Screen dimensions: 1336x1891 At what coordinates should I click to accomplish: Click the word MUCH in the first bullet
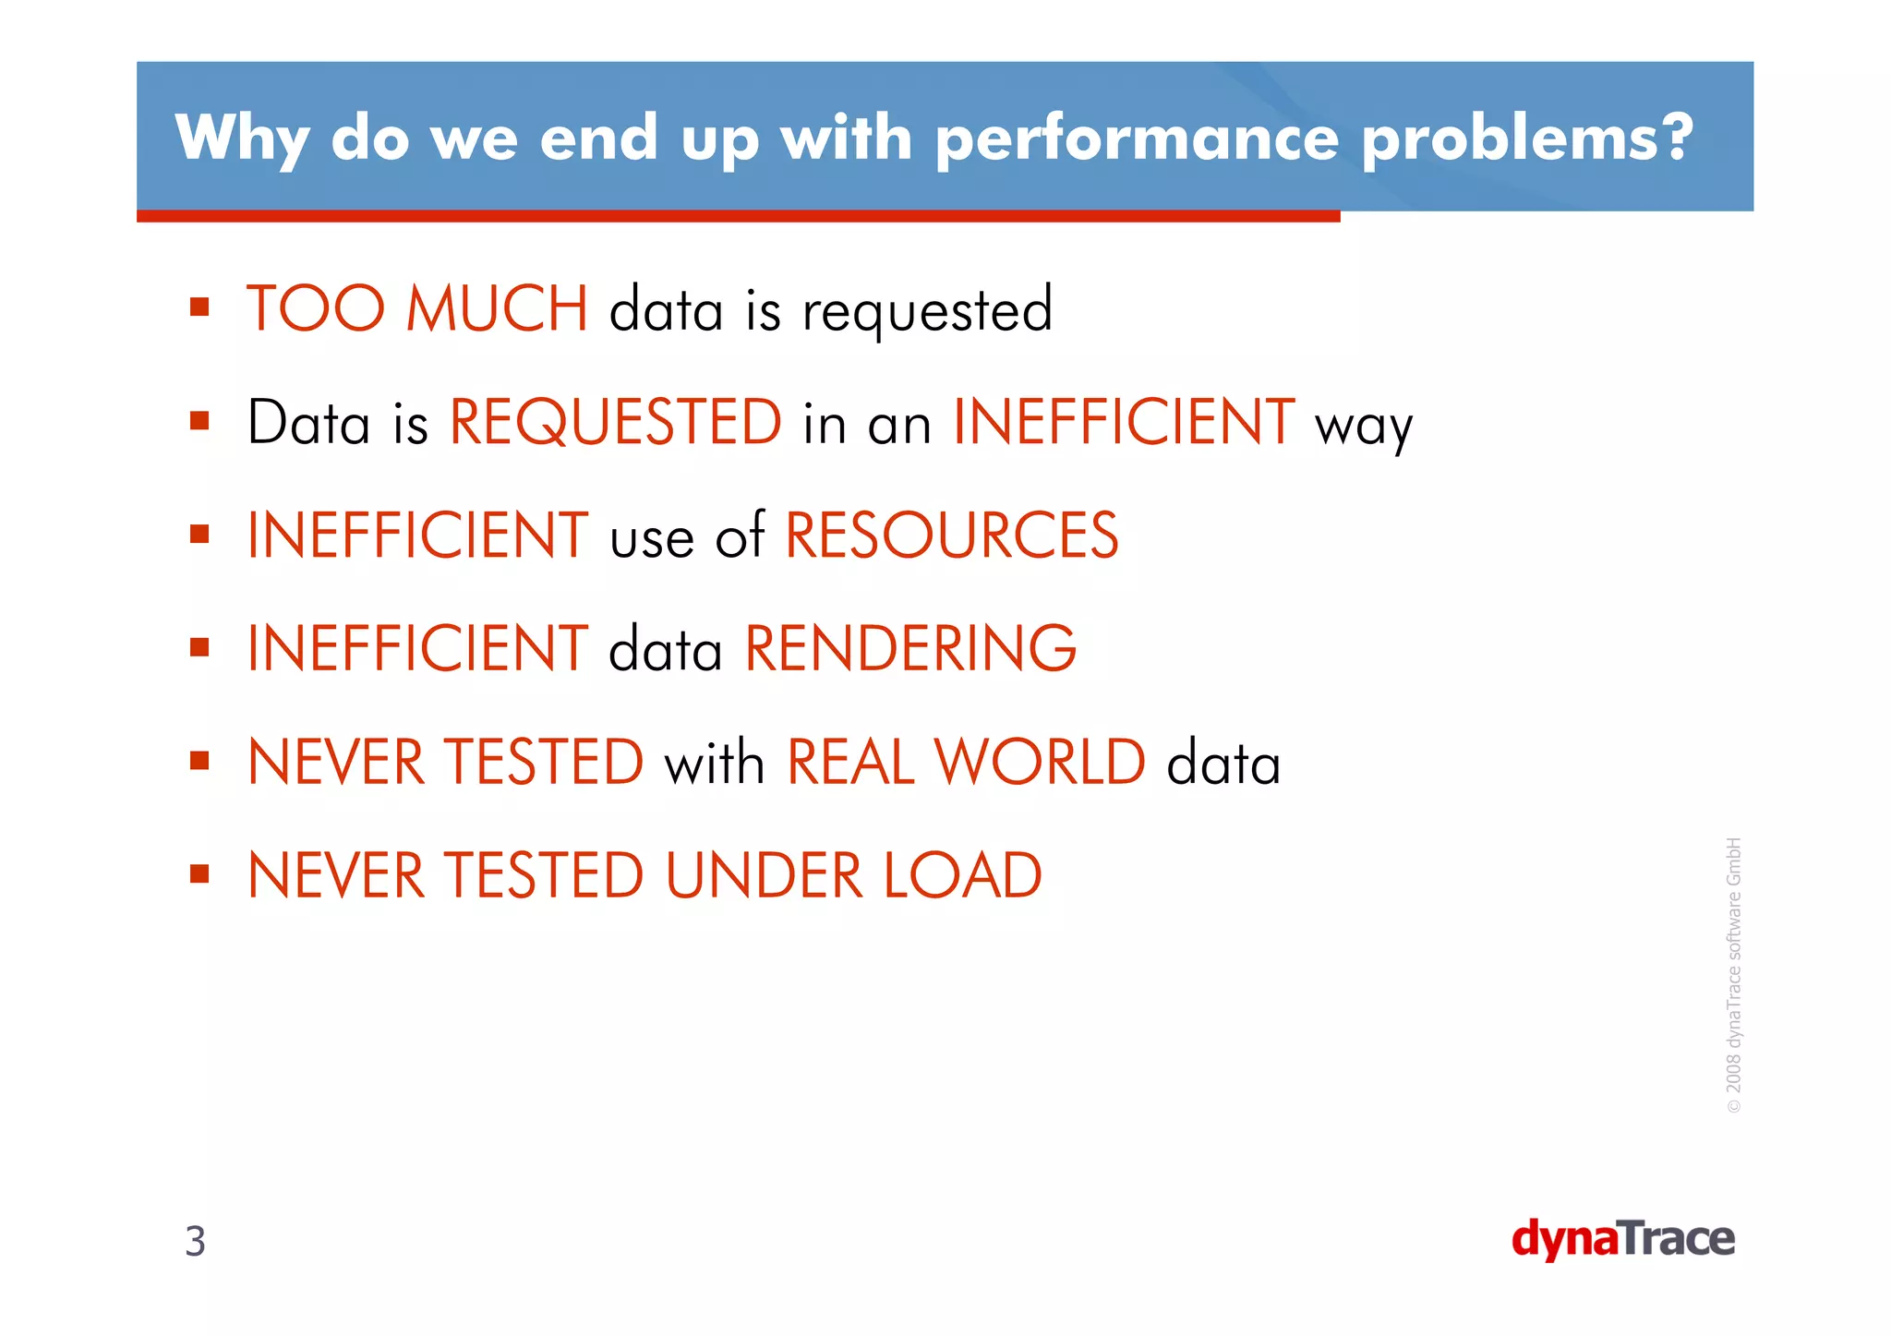point(497,308)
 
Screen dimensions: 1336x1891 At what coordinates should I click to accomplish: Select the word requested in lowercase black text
point(927,311)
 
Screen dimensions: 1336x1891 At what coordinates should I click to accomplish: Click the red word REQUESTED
point(616,422)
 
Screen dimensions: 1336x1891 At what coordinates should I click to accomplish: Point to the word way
point(1364,427)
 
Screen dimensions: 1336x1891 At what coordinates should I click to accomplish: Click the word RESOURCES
point(951,536)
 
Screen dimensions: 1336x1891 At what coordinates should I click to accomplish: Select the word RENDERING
point(910,648)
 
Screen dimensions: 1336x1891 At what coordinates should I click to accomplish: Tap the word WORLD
point(1040,763)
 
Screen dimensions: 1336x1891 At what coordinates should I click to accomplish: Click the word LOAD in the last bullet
point(963,875)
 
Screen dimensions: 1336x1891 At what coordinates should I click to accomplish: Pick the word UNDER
point(764,875)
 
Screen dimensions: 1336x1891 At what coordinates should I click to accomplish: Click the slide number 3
point(195,1241)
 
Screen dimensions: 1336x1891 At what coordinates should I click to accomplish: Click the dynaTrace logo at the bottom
point(1622,1239)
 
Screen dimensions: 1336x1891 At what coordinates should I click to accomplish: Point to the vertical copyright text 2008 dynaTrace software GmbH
point(1733,975)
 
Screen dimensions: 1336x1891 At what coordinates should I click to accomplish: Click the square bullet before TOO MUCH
point(199,307)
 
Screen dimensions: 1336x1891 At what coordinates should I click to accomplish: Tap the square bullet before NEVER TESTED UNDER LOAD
point(199,873)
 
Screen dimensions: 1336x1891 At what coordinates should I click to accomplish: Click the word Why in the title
point(242,138)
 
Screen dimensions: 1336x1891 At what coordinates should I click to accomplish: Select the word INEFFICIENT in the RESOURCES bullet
point(417,536)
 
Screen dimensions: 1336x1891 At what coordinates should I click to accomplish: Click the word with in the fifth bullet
point(714,763)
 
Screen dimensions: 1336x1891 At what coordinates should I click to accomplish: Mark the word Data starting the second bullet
point(308,423)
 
